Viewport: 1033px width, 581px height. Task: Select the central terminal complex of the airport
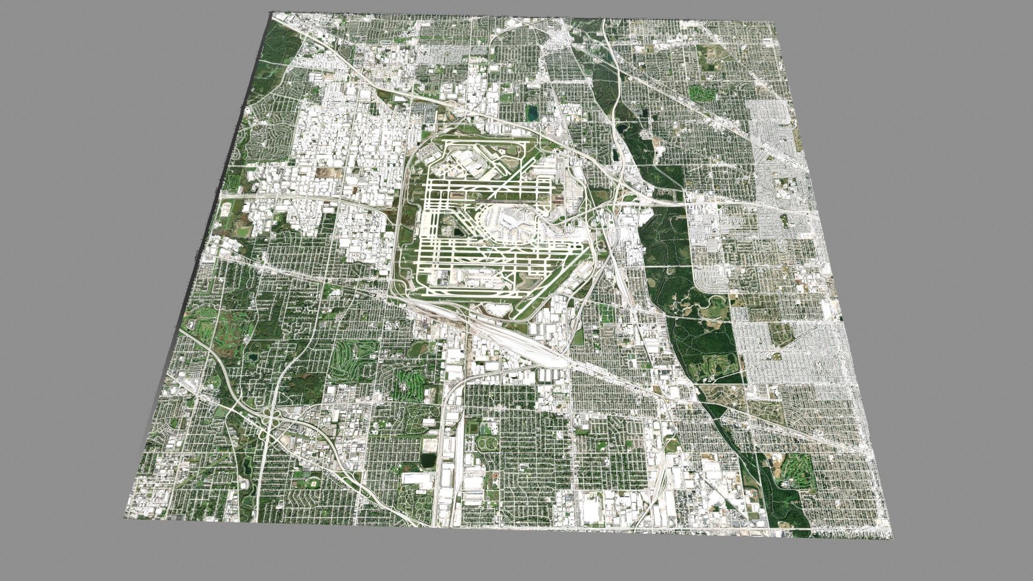pyautogui.click(x=508, y=221)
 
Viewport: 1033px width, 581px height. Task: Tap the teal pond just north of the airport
pyautogui.click(x=532, y=113)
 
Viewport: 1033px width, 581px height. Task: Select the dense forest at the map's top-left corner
pyautogui.click(x=280, y=43)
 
